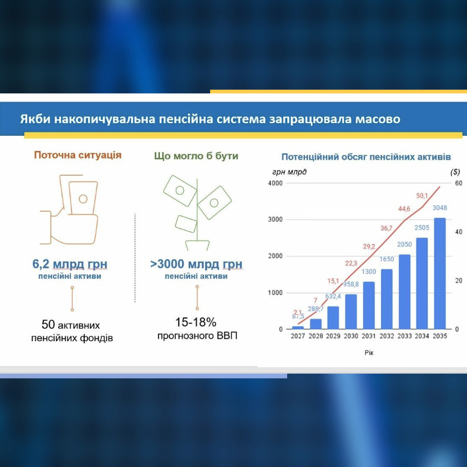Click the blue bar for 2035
pos(440,273)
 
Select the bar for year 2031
pos(369,305)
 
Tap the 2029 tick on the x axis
pos(333,336)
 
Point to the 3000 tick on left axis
pos(275,220)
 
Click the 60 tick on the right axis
pos(459,183)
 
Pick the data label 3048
pos(440,208)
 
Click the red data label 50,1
pos(422,196)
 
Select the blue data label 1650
pos(387,259)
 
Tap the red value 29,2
pos(369,246)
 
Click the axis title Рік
pos(369,353)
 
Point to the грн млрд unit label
pos(289,172)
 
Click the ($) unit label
pos(455,172)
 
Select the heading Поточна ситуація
pos(78,155)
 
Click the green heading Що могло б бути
pos(196,156)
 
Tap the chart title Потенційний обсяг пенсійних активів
pos(366,157)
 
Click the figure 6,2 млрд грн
pos(70,264)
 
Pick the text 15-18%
pos(196,322)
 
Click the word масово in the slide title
pos(377,119)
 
